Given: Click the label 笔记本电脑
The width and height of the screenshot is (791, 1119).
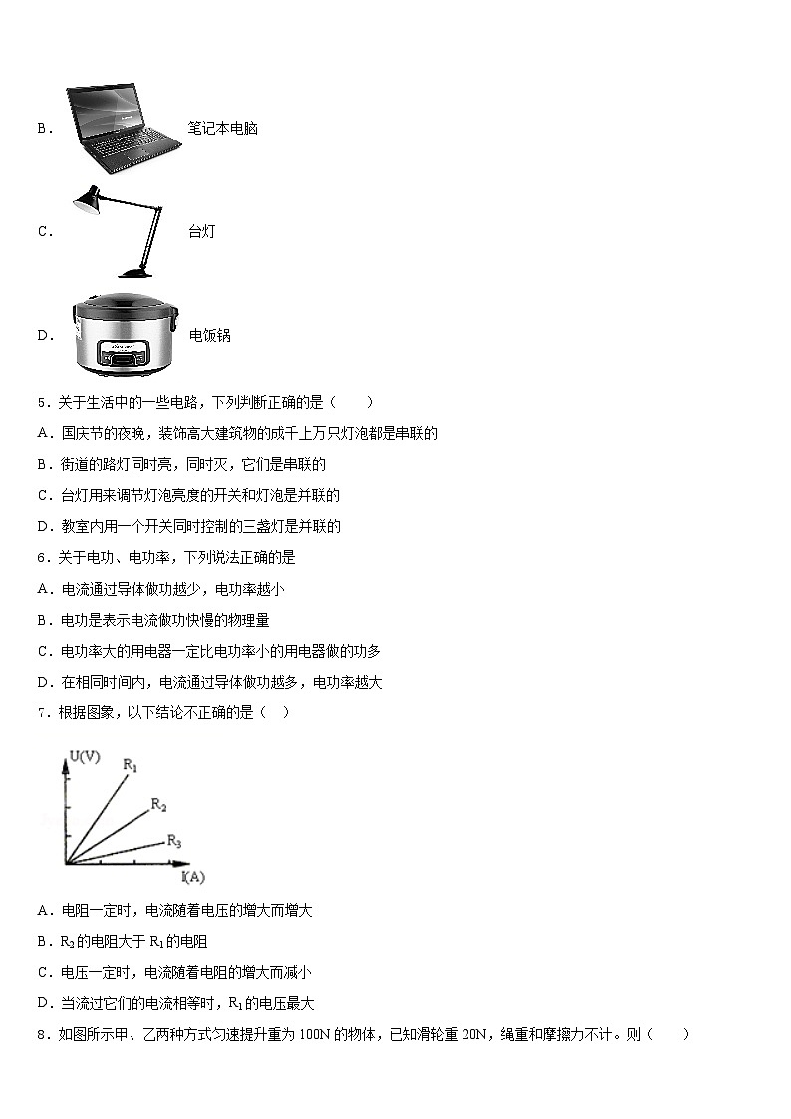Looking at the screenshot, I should tap(222, 129).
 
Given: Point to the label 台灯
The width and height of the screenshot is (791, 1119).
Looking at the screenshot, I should tap(201, 232).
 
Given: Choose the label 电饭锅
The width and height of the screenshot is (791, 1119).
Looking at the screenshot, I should tap(209, 336).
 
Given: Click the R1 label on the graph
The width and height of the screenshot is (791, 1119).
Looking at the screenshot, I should tap(130, 765).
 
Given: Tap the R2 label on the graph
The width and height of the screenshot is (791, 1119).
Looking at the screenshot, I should tap(158, 803).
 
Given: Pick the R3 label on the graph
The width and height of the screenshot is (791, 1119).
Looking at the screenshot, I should tap(173, 842).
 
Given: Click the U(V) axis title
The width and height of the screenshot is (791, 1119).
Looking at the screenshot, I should tap(85, 757).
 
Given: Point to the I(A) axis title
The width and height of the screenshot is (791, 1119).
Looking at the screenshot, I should tap(193, 877).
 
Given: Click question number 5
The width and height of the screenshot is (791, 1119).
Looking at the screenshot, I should tap(41, 403).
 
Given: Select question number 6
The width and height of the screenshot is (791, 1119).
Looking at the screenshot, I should tap(41, 558).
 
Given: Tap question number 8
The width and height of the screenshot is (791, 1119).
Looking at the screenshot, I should tap(41, 1035).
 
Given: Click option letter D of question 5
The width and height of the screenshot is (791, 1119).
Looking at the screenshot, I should tap(44, 527).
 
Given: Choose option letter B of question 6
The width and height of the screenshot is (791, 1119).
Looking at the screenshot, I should tap(44, 621).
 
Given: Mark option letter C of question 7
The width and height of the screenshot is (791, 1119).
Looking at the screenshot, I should tap(44, 973).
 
